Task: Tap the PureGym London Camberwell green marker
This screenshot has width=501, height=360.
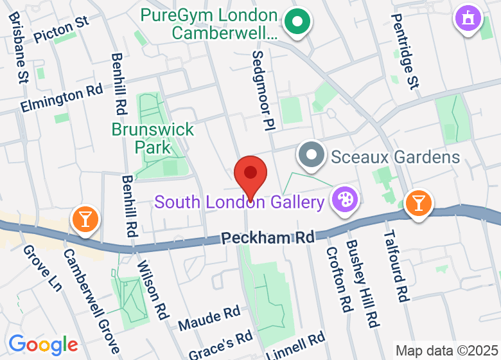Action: pos(297,22)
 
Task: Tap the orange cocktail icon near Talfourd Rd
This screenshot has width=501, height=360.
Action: pos(419,203)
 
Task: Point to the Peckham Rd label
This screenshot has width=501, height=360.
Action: pos(268,237)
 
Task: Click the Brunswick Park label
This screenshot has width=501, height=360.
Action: pos(153,138)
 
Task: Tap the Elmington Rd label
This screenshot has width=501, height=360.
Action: pos(62,98)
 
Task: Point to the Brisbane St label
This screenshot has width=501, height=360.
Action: pos(18,48)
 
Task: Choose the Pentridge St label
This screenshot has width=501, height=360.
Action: pos(404,50)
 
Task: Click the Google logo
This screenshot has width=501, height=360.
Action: pos(43,345)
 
